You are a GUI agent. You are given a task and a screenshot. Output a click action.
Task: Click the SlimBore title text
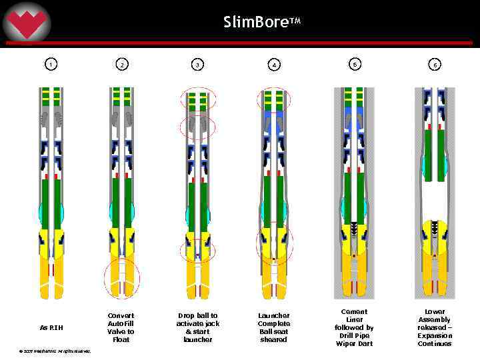[x=262, y=22]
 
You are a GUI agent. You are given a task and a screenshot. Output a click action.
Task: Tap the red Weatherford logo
[x=27, y=24]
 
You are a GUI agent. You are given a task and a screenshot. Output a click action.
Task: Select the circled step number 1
[x=51, y=65]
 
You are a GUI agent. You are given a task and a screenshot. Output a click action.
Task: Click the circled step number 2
[x=121, y=65]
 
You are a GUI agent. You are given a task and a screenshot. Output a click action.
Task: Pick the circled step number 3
[x=198, y=65]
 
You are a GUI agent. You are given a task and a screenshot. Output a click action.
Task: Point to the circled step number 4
[x=274, y=65]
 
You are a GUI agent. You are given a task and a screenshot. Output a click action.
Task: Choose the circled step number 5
[x=355, y=64]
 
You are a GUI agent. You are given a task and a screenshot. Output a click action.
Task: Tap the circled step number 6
[x=435, y=65]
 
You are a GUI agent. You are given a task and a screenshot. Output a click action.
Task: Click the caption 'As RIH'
[x=51, y=327]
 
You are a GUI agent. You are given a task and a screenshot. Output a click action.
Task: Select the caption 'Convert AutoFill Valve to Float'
[x=121, y=327]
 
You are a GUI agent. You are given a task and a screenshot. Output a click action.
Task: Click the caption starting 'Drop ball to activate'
[x=198, y=327]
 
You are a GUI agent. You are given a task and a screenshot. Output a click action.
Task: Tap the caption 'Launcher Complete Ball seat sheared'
[x=274, y=327]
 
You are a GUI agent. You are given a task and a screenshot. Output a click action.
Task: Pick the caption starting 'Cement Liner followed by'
[x=353, y=327]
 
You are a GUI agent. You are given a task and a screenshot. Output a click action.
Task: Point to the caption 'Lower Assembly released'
[x=435, y=327]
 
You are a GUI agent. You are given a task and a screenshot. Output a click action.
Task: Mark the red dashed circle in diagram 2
[x=122, y=278]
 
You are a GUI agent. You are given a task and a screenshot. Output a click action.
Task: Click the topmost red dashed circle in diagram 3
[x=198, y=100]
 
